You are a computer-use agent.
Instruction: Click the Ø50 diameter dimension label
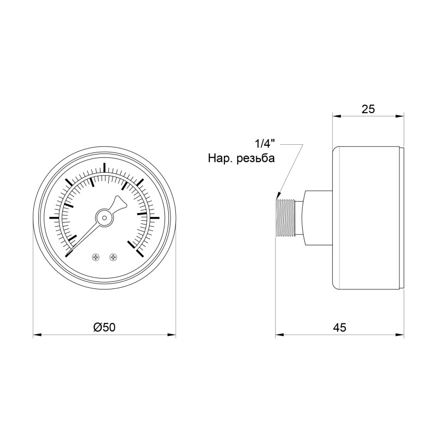point(104,327)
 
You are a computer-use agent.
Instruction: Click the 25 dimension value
point(368,109)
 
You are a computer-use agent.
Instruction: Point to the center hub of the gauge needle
point(104,217)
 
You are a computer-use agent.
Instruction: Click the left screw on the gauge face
point(96,257)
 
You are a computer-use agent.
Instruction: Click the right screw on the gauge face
point(113,257)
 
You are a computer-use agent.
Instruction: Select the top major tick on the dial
point(104,167)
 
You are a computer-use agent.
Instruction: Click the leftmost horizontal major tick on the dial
point(54,217)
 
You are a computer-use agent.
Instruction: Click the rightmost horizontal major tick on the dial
point(154,217)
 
